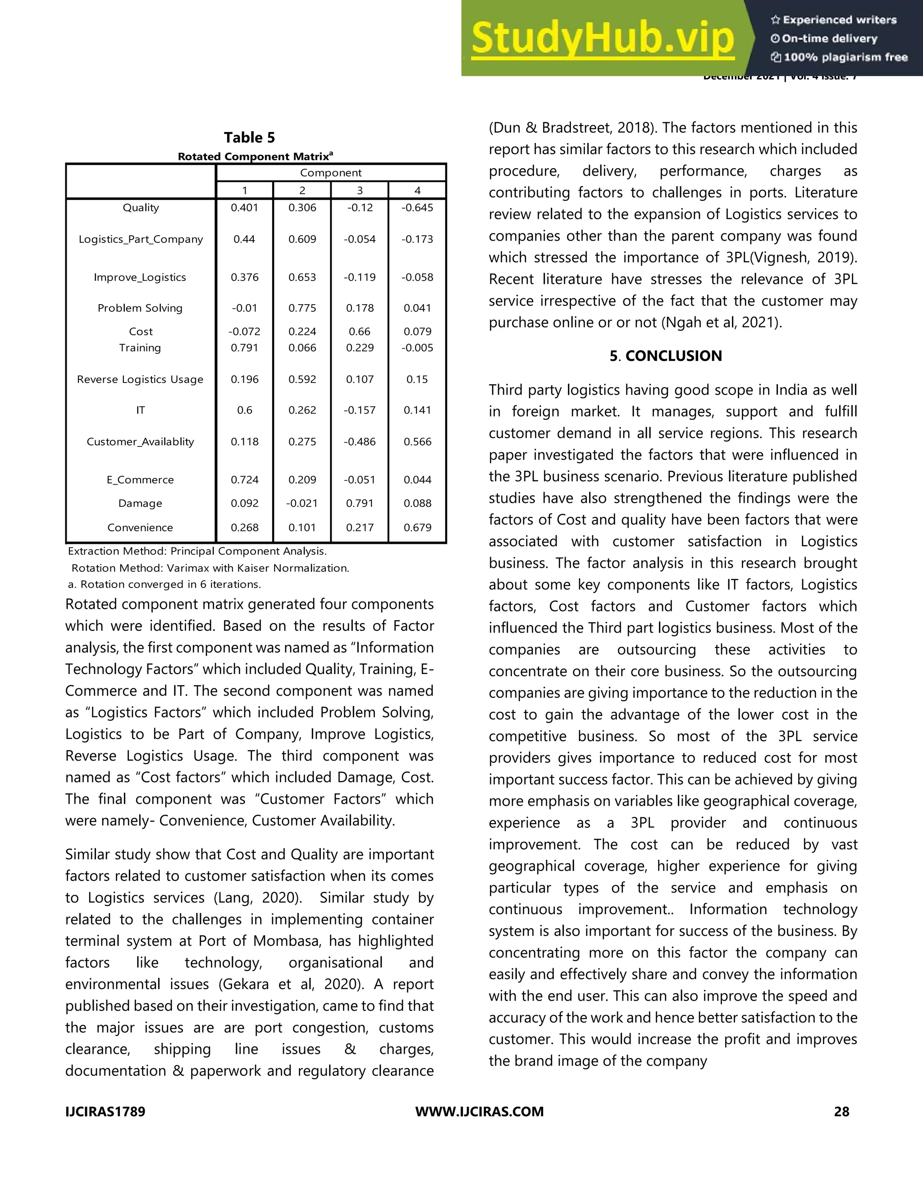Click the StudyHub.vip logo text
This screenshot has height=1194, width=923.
tap(602, 38)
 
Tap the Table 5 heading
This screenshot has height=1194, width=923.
tap(249, 137)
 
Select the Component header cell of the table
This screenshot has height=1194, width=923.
tap(331, 173)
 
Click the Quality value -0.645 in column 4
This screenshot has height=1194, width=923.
tap(417, 208)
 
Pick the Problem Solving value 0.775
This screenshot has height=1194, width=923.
tap(302, 308)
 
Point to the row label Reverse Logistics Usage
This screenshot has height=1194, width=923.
tap(140, 379)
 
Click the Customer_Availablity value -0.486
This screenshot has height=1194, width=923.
tap(360, 442)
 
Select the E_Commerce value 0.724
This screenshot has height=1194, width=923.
tap(244, 479)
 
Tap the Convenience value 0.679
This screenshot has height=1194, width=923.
tap(417, 528)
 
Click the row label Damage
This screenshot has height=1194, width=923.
tap(140, 504)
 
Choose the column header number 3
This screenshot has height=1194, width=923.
tap(360, 190)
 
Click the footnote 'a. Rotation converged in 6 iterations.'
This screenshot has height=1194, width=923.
tap(164, 584)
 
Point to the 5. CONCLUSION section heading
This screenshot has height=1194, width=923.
tap(666, 356)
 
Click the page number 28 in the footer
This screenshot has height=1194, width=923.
tap(841, 1112)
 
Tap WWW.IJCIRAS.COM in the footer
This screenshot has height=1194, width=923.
tap(480, 1112)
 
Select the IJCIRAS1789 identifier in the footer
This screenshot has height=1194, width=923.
tap(105, 1112)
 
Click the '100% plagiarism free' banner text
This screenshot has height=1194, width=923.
tap(845, 57)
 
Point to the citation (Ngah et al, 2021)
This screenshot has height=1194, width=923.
tap(722, 323)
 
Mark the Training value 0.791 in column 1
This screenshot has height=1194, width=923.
tap(244, 348)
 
